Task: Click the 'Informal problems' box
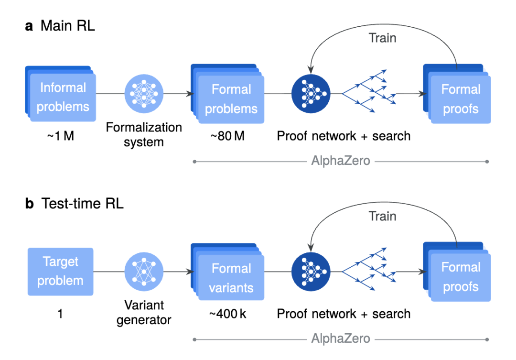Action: click(62, 97)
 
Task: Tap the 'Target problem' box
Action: click(61, 271)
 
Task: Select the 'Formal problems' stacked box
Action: click(230, 98)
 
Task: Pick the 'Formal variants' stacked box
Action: click(231, 278)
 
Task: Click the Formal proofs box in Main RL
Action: click(460, 99)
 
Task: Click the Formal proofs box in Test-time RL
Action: click(460, 277)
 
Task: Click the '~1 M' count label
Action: click(60, 136)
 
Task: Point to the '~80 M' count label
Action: click(227, 136)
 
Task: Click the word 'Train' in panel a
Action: click(382, 38)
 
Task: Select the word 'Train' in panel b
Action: click(382, 216)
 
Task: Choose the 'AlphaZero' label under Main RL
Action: click(340, 161)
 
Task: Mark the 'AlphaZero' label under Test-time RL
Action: click(340, 339)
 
